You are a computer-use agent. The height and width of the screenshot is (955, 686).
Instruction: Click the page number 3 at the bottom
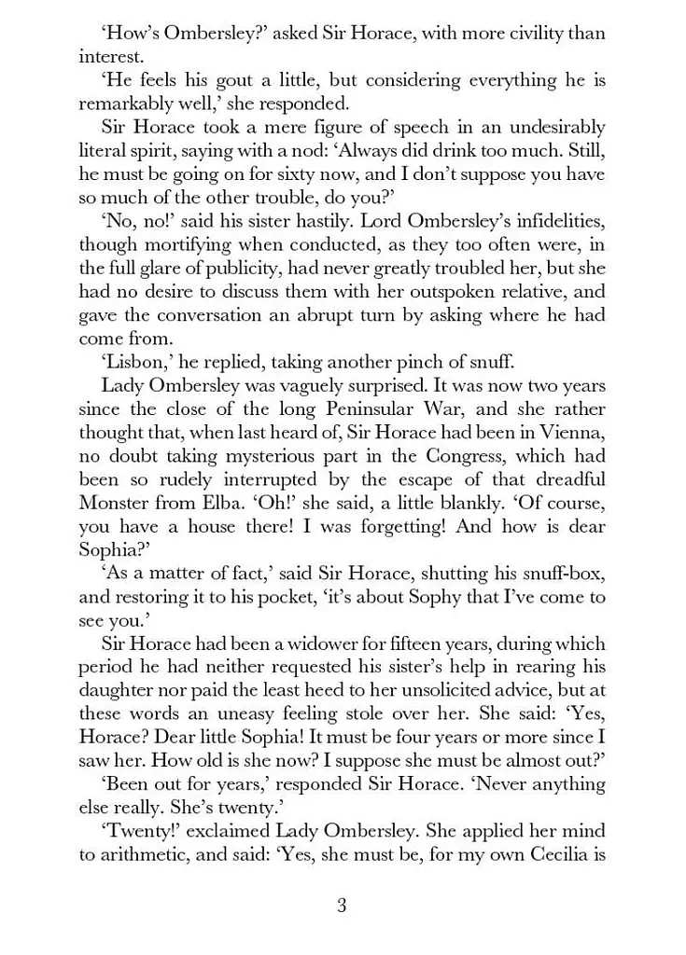coord(342,905)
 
